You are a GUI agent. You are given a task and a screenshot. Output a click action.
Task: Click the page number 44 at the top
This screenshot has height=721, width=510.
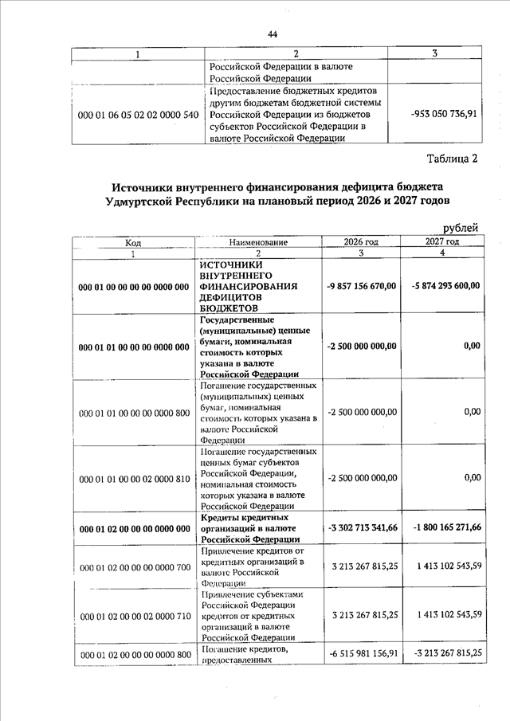coord(272,34)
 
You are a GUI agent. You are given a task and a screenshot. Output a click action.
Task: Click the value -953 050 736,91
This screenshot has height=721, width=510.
coord(444,114)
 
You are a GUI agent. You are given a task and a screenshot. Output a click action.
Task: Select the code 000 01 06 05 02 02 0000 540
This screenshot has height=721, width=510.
coord(137,115)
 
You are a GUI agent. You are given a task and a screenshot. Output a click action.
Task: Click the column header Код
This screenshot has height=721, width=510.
coord(133,242)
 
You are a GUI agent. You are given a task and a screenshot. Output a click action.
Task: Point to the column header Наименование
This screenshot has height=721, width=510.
coord(258,242)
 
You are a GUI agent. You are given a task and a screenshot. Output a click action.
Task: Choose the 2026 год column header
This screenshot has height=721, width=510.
coord(360,241)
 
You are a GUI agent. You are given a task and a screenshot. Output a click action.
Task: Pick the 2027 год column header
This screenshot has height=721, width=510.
coord(441,241)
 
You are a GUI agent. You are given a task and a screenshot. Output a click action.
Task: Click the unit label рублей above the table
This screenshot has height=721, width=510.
coord(460,229)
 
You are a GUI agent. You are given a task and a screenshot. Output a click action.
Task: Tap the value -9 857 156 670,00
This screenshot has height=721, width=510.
coord(362,287)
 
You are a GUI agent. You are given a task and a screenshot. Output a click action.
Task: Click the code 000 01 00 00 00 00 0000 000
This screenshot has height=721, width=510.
coord(134,287)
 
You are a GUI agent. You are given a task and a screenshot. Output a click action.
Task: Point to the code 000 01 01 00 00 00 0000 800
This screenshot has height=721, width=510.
coord(134,413)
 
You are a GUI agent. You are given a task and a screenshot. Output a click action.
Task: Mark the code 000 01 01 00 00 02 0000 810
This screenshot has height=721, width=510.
coord(134,478)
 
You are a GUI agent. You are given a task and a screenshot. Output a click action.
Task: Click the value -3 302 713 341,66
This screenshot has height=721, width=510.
coord(362,528)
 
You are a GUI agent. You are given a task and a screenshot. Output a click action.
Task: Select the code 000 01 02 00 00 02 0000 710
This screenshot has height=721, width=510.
coord(134,615)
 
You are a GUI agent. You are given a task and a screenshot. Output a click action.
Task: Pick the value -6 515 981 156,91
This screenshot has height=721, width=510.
coord(362,654)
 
